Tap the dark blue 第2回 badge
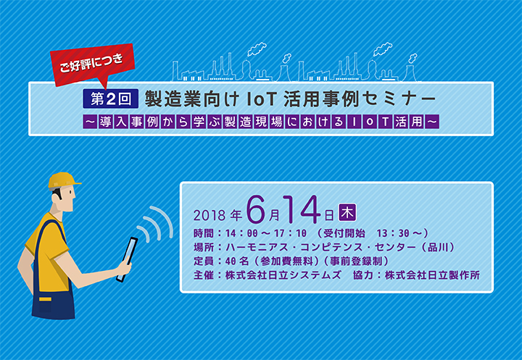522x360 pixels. tap(110, 99)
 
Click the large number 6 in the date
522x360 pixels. tap(257, 210)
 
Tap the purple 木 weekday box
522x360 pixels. tap(347, 212)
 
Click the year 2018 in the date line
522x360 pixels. tap(210, 216)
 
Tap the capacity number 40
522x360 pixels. tap(231, 261)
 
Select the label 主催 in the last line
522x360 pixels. tap(204, 275)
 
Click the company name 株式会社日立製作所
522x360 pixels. tap(432, 275)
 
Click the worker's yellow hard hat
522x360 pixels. tap(63, 180)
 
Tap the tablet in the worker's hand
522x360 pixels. tap(127, 259)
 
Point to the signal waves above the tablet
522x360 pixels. tap(156, 223)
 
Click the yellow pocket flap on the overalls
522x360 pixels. tap(45, 299)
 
